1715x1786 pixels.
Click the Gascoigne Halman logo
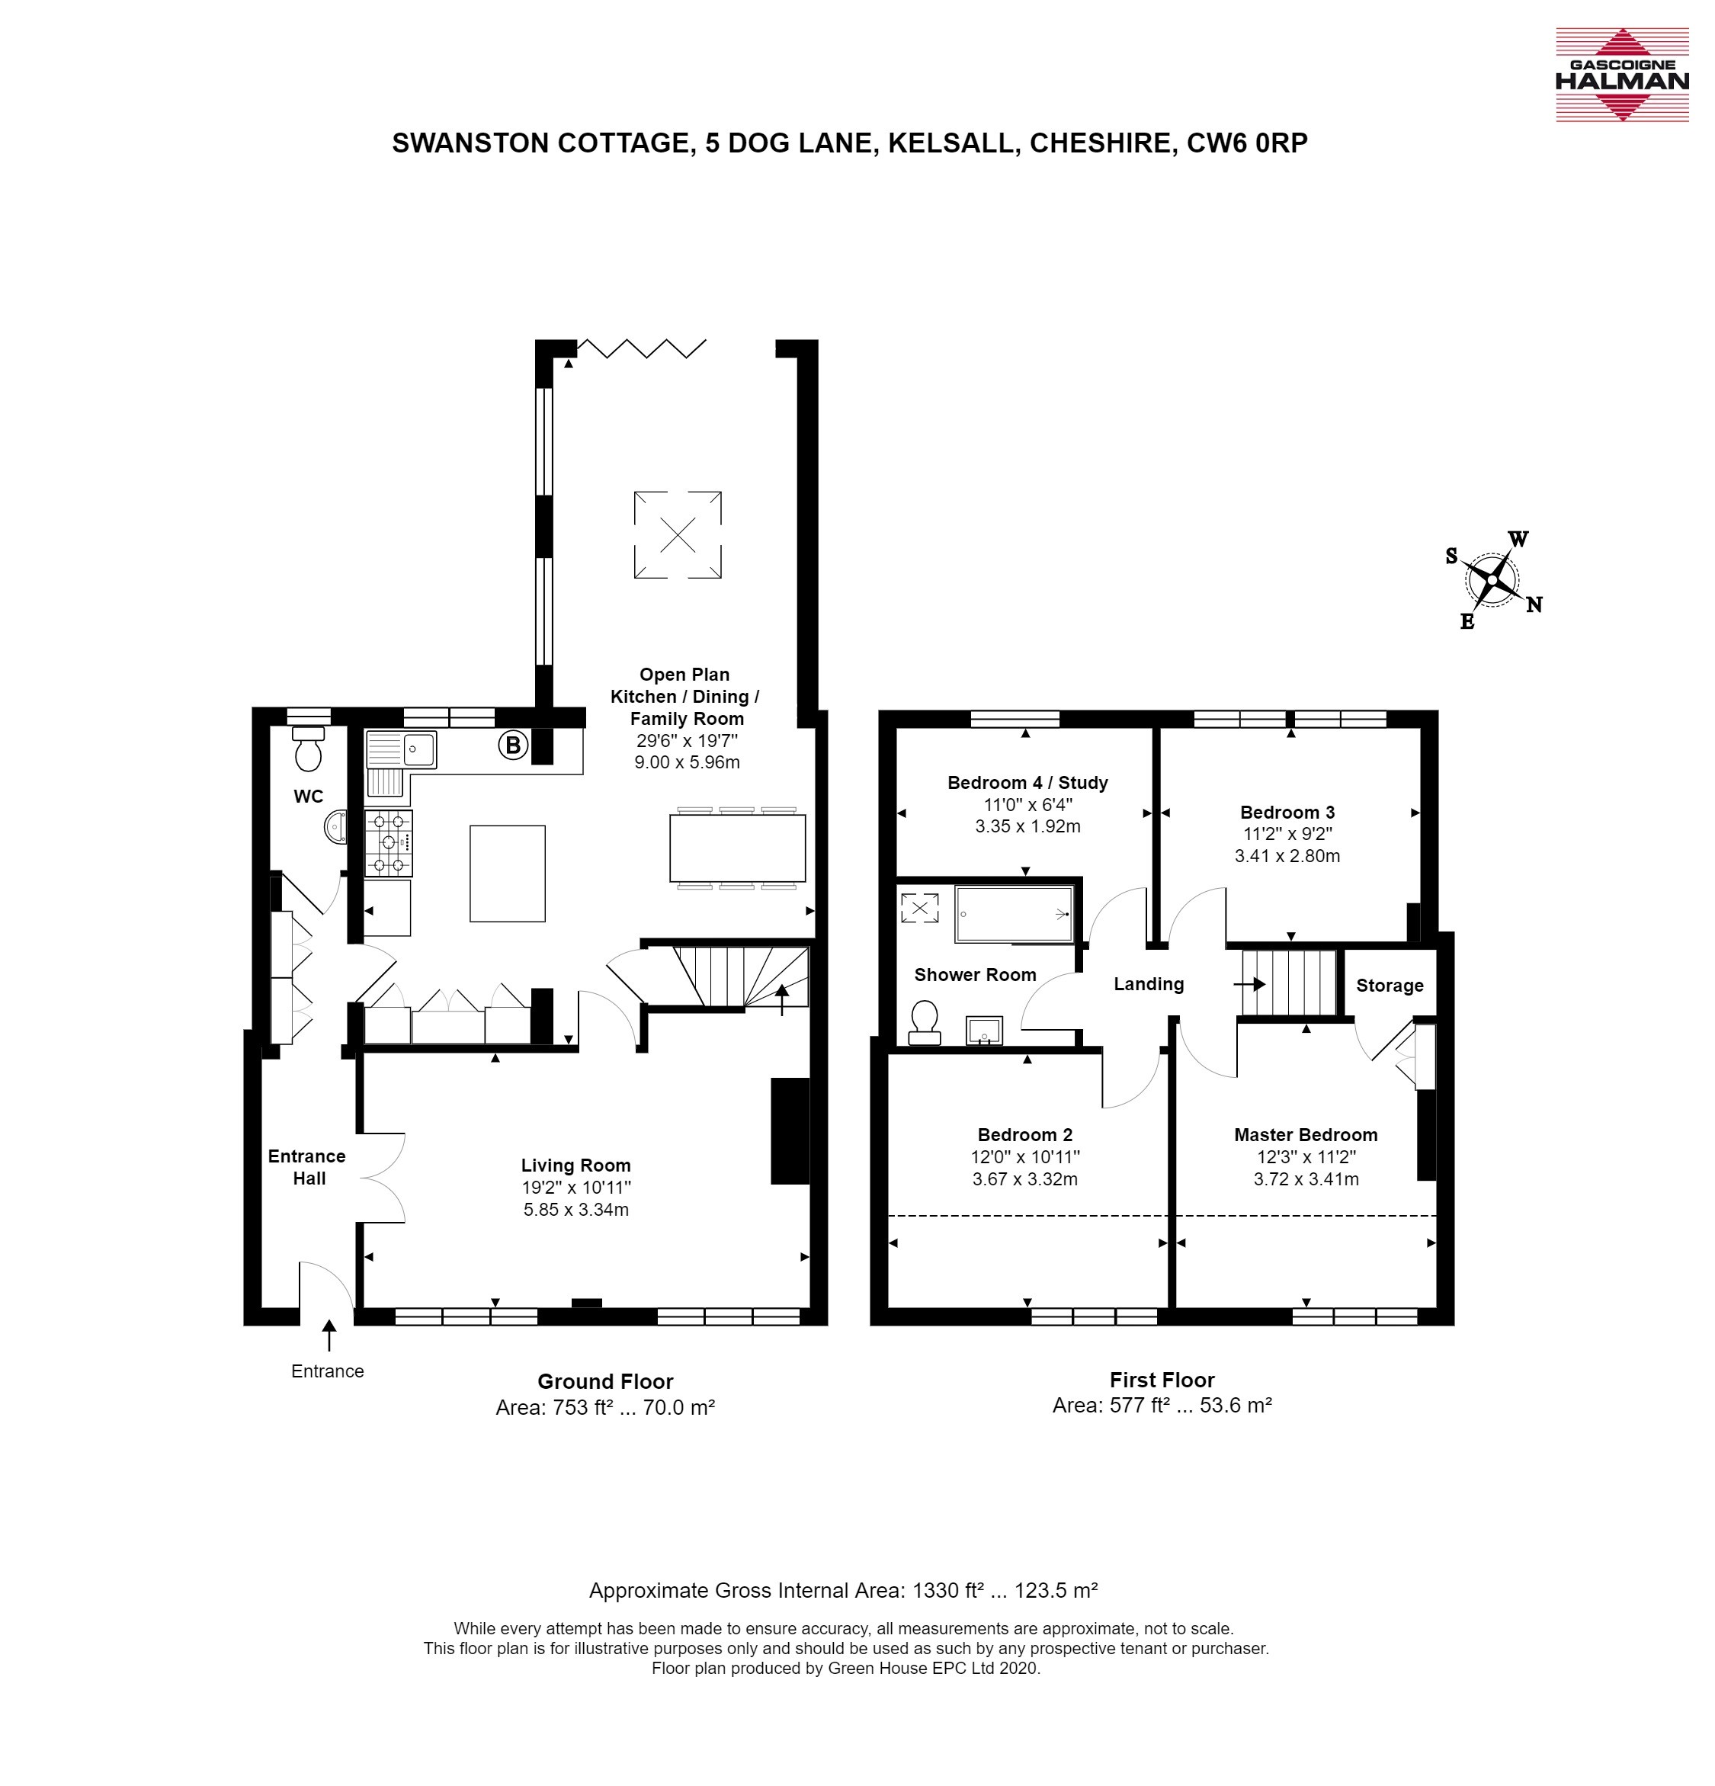[x=1621, y=75]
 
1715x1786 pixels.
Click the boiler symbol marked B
[x=513, y=746]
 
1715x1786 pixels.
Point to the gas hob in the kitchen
[x=388, y=843]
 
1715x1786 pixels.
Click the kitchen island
[x=508, y=874]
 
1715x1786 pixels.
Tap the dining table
[x=737, y=848]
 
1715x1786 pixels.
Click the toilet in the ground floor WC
[x=308, y=749]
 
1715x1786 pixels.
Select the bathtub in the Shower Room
[x=1013, y=913]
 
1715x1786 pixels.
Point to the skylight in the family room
[x=678, y=535]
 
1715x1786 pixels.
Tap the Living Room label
[x=576, y=1166]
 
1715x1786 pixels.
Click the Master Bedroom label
[x=1306, y=1134]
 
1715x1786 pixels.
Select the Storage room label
[x=1390, y=986]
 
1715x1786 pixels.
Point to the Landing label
[x=1148, y=984]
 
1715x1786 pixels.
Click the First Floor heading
[x=1162, y=1380]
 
